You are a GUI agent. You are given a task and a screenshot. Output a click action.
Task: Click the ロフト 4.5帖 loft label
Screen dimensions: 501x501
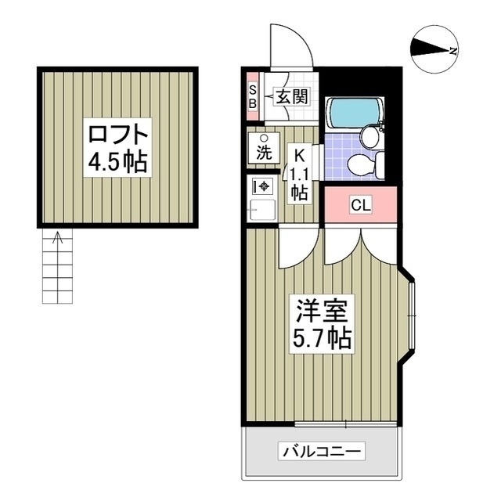(117, 148)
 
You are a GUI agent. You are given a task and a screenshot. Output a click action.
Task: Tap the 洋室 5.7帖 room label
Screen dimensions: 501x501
(322, 324)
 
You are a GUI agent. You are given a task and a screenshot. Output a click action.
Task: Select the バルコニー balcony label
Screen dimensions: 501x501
(322, 451)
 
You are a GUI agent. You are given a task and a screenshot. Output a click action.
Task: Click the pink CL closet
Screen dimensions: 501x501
(361, 204)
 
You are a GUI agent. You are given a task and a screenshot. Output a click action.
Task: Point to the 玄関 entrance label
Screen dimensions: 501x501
(292, 96)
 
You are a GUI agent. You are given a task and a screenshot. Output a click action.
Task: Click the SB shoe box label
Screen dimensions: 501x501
(253, 97)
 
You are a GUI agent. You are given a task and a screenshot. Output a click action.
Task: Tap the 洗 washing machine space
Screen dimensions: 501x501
(265, 148)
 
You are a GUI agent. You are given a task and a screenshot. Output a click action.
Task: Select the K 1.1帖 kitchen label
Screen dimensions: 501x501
(299, 175)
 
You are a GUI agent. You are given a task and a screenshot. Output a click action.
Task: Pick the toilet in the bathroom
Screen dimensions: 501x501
(366, 166)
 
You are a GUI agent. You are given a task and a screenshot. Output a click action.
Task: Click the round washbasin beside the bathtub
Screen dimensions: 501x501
(370, 135)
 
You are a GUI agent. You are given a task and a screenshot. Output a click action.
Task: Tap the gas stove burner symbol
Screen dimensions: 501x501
(264, 186)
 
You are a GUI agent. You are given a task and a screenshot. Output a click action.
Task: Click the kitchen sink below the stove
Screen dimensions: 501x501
(263, 210)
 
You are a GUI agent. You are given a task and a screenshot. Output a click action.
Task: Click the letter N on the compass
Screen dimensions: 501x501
(452, 51)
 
